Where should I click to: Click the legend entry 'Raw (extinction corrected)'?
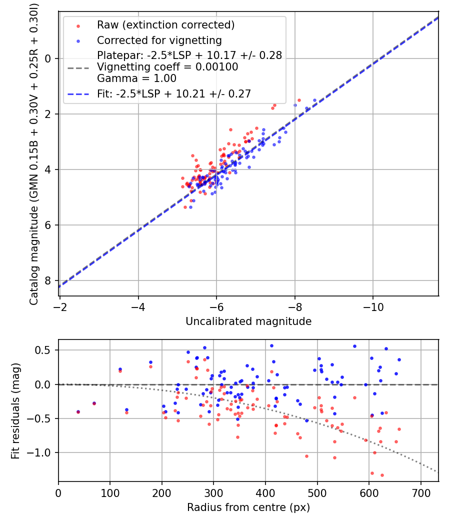(x=165, y=25)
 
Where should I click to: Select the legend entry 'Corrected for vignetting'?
(x=159, y=40)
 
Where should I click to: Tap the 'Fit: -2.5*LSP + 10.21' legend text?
(x=173, y=93)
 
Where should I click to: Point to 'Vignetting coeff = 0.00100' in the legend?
(x=167, y=67)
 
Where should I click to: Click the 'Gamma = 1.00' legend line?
(x=136, y=78)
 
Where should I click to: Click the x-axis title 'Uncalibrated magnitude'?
(x=248, y=321)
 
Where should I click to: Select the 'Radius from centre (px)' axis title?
(x=248, y=507)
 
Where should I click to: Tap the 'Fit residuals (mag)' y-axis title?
(x=15, y=410)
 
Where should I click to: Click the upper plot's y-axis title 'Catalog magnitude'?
(x=33, y=152)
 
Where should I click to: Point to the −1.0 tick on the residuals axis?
(x=41, y=452)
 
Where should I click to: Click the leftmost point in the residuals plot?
(x=78, y=411)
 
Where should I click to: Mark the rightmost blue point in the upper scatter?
(x=314, y=100)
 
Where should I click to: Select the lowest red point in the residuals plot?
(x=382, y=475)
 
